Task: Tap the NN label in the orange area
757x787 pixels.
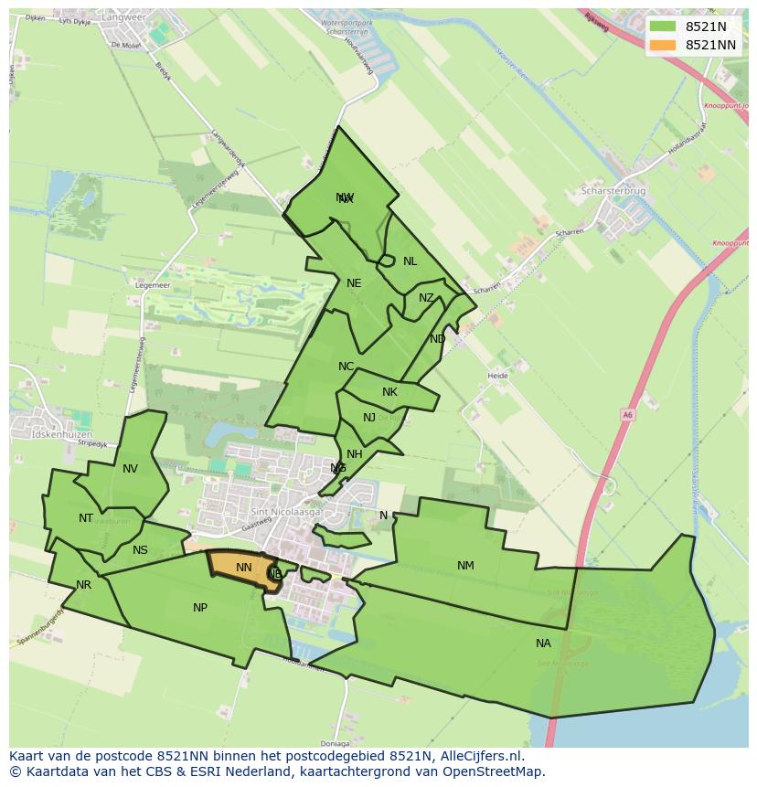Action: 243,568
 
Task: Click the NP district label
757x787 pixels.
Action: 200,608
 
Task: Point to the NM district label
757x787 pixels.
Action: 465,566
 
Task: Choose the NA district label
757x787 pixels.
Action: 543,643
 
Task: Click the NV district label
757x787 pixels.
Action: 130,469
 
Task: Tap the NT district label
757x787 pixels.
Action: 86,518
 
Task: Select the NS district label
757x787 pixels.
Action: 140,550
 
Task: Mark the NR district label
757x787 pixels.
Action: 84,585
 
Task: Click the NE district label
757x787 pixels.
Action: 354,283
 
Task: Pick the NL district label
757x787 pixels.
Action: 410,261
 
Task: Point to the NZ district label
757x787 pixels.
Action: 426,298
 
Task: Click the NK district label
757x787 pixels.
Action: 389,392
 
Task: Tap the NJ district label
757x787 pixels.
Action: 369,418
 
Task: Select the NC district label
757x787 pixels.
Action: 346,367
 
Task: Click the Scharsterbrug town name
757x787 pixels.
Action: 613,191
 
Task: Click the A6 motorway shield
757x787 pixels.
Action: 627,414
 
